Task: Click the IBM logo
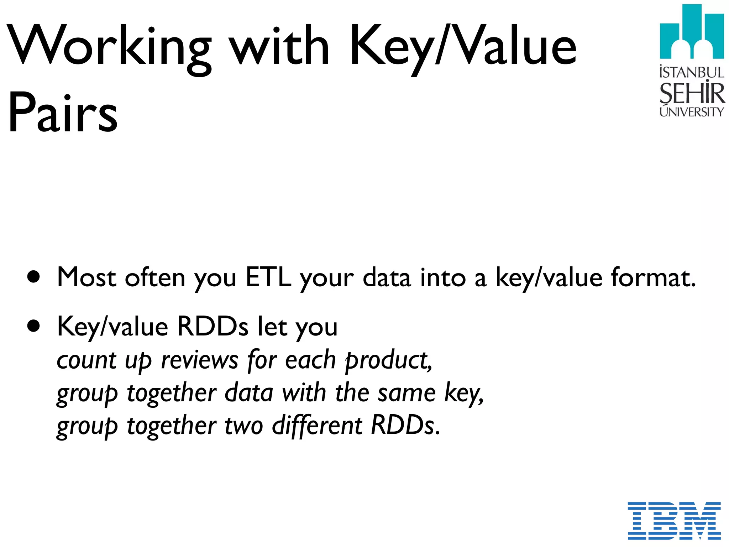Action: [x=674, y=520]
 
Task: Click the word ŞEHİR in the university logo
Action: [x=692, y=93]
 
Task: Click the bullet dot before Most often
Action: [x=34, y=277]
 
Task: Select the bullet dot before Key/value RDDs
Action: [x=34, y=326]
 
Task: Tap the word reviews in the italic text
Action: [x=199, y=360]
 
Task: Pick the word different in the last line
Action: [x=317, y=426]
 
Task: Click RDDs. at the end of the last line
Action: [x=405, y=426]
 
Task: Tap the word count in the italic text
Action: [x=86, y=361]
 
